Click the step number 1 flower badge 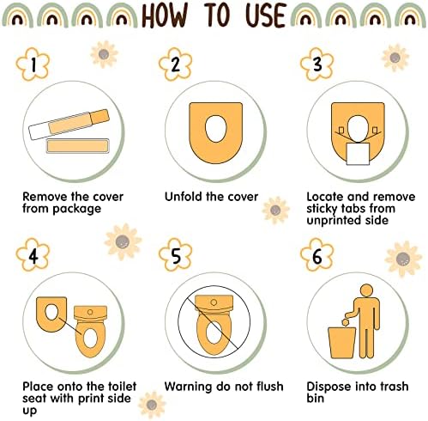point(33,64)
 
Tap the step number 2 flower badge point(175,64)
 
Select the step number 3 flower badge point(317,64)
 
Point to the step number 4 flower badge point(33,255)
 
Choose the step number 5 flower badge point(175,255)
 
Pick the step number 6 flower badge point(317,255)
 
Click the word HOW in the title point(165,15)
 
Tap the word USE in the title point(266,15)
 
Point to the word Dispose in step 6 point(328,387)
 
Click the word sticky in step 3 point(322,209)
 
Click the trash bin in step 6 point(342,343)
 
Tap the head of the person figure point(366,291)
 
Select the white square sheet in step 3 point(358,154)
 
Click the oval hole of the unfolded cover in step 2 point(216,128)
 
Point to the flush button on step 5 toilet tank point(214,302)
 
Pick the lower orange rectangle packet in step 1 point(77,146)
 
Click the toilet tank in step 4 point(90,314)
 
